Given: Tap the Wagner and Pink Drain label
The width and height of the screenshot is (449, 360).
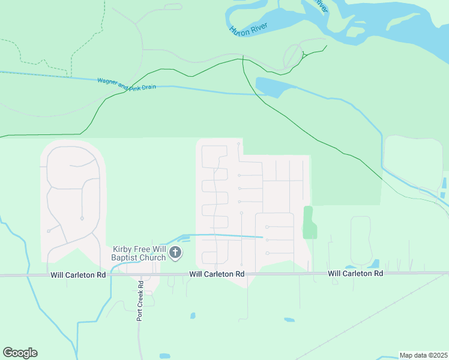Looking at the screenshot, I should coord(127,83).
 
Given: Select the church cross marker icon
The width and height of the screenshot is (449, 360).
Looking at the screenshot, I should coord(175,253).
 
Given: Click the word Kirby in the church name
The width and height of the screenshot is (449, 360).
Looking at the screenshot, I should coord(122,249).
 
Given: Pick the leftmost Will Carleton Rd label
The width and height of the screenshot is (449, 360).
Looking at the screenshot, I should coord(78,275).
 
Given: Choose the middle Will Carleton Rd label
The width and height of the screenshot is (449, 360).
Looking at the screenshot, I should coord(217,274).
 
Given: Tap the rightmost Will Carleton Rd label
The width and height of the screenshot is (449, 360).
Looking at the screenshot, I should coord(355,274).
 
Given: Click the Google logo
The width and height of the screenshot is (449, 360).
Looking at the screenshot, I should coord(20,353).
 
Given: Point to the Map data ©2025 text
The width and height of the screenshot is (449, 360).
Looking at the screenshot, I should coord(423,355).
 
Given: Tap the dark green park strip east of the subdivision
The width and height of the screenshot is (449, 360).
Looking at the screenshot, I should coord(309,223).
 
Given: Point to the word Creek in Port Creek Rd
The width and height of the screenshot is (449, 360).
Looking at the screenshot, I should coord(139,298).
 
